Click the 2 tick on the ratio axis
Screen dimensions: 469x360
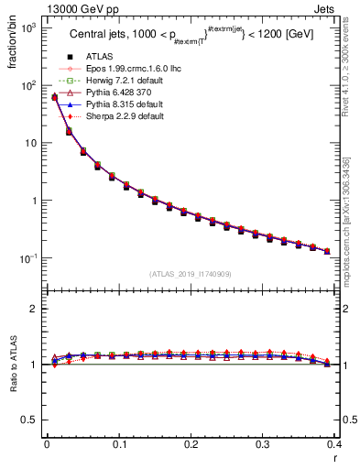pos(32,309)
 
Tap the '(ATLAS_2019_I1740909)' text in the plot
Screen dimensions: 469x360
pos(191,274)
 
